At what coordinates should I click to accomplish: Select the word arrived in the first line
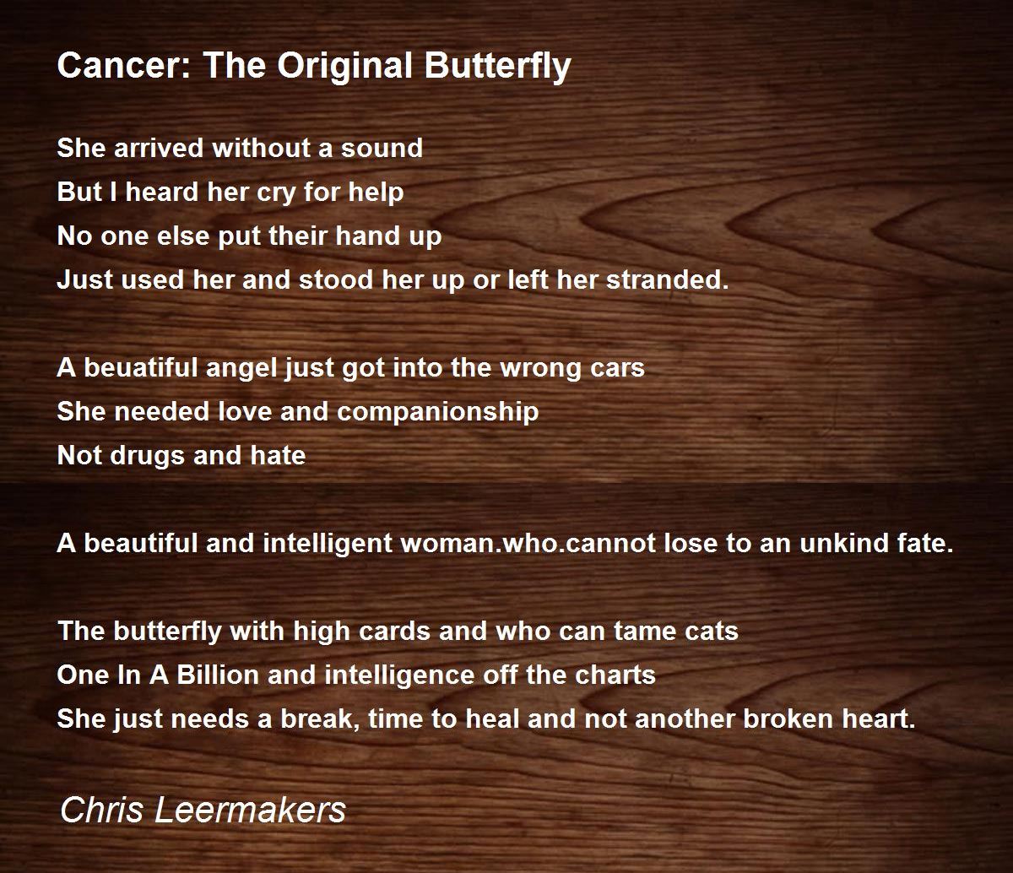click(x=159, y=148)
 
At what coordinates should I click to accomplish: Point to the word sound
click(x=382, y=148)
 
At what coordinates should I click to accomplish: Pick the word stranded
click(x=668, y=279)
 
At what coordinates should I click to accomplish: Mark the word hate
click(x=278, y=455)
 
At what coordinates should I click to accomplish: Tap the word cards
click(x=394, y=631)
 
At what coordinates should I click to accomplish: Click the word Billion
click(x=218, y=675)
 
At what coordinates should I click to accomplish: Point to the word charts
click(x=615, y=675)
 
